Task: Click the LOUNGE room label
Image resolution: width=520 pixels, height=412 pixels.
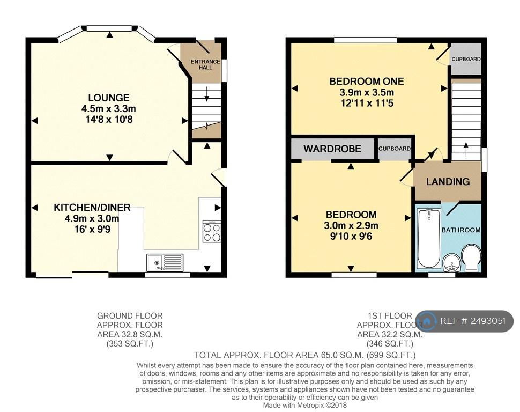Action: [x=108, y=98]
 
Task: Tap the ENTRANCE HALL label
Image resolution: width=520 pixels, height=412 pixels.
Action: [x=205, y=64]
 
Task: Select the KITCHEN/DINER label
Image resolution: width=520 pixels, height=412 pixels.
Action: [x=92, y=208]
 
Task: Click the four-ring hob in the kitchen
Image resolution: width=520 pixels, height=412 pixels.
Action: [x=212, y=231]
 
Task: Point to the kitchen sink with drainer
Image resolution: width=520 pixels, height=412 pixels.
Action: [x=165, y=262]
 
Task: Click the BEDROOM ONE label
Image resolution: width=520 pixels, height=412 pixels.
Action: [x=367, y=82]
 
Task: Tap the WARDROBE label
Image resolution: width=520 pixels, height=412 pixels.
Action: [x=332, y=149]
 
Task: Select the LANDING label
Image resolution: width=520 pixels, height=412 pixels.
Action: [x=448, y=182]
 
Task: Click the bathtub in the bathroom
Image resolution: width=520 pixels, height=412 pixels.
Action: [x=429, y=238]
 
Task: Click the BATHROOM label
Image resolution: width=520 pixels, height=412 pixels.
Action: [x=460, y=230]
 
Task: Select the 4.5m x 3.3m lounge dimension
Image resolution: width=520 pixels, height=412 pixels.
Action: [x=108, y=108]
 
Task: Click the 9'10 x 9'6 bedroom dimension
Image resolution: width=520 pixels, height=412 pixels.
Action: [x=351, y=236]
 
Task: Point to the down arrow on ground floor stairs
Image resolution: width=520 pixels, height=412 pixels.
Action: [x=207, y=94]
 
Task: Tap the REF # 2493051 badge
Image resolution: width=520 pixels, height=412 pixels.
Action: [x=465, y=321]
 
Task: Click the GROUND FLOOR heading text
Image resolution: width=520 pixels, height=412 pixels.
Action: [x=130, y=316]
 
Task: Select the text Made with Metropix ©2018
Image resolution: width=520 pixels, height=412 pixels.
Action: [x=305, y=406]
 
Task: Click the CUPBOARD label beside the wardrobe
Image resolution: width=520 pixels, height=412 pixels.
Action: [x=395, y=149]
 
